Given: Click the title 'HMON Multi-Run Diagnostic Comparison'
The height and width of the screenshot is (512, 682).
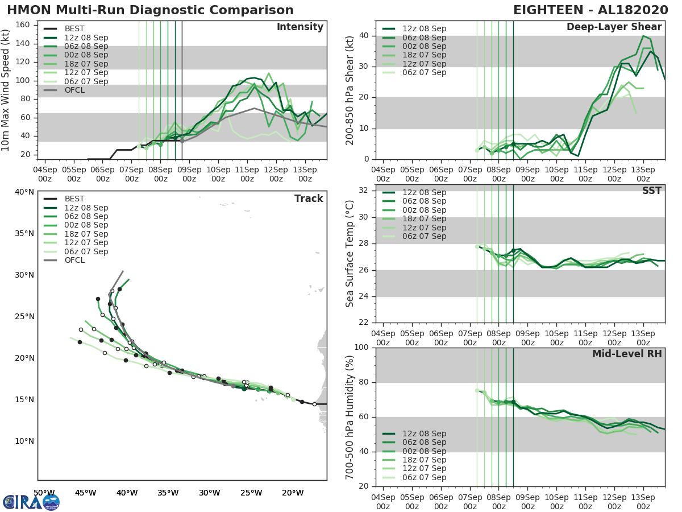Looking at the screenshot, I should [x=150, y=10].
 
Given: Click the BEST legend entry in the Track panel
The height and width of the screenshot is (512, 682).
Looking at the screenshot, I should [x=74, y=199].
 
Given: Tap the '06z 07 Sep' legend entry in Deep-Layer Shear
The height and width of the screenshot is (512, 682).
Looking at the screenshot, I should [x=424, y=72].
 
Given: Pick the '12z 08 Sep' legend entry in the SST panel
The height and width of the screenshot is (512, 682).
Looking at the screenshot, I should [x=424, y=192].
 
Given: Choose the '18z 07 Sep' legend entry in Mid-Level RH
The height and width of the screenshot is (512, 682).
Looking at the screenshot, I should [x=424, y=460].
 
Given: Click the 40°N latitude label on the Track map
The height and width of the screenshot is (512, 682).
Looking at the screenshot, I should [x=24, y=192].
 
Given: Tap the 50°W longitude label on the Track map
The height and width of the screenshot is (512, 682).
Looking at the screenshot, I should [x=44, y=493].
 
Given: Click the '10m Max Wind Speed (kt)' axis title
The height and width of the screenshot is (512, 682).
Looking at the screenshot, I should [x=6, y=90].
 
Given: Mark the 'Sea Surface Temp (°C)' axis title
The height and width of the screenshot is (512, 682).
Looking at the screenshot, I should [x=350, y=254].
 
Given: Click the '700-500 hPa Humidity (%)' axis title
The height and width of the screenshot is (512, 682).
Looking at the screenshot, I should [x=350, y=417].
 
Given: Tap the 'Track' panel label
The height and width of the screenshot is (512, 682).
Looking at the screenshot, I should [x=309, y=199].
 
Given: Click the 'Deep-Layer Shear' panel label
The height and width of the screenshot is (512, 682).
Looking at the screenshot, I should [x=614, y=27].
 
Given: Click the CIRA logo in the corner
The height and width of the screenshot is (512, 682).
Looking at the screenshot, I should [x=31, y=502].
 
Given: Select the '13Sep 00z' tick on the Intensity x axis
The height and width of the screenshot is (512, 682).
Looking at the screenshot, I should [x=305, y=174].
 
